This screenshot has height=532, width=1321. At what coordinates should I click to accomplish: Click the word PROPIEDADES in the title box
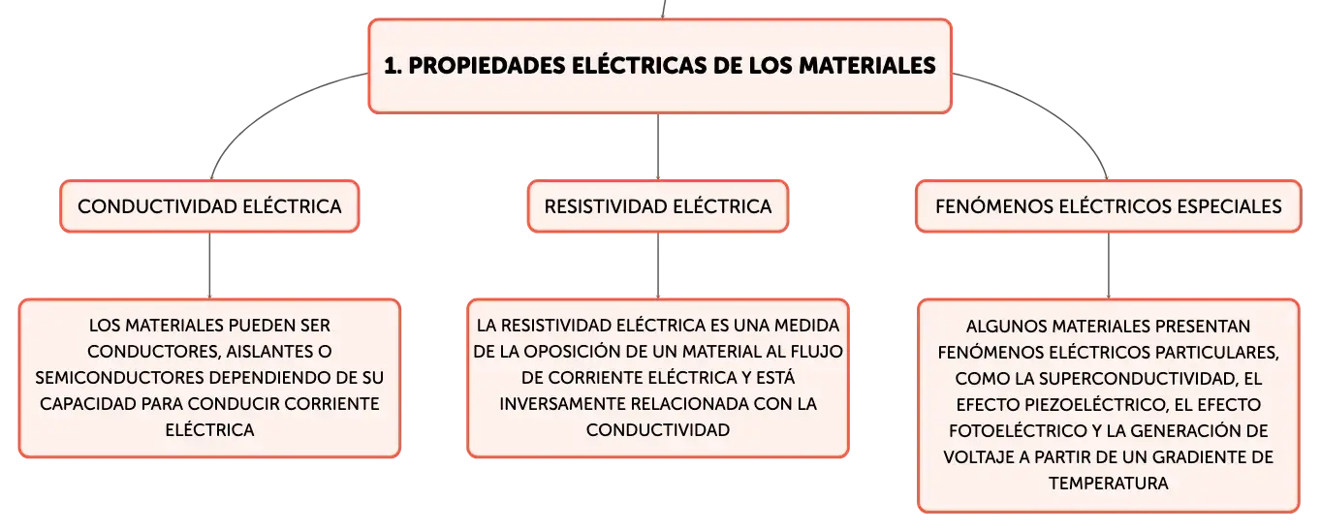[x=488, y=66]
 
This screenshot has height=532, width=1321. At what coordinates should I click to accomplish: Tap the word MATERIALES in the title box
[x=866, y=66]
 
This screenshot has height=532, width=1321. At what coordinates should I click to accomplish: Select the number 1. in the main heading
[x=393, y=66]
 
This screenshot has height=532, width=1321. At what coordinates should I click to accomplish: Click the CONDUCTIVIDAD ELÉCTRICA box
[x=209, y=206]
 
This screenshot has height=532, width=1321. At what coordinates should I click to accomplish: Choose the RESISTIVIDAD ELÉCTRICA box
[x=657, y=206]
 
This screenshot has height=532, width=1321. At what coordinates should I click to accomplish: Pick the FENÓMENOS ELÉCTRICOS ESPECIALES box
[x=1108, y=206]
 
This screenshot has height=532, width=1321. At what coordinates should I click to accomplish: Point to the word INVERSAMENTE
[x=562, y=404]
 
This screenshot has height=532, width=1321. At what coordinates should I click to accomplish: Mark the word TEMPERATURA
[x=1108, y=484]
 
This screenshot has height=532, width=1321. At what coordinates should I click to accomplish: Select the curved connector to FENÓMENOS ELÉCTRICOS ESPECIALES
[x=1055, y=110]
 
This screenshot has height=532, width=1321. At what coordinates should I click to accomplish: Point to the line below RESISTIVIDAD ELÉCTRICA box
[x=658, y=266]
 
